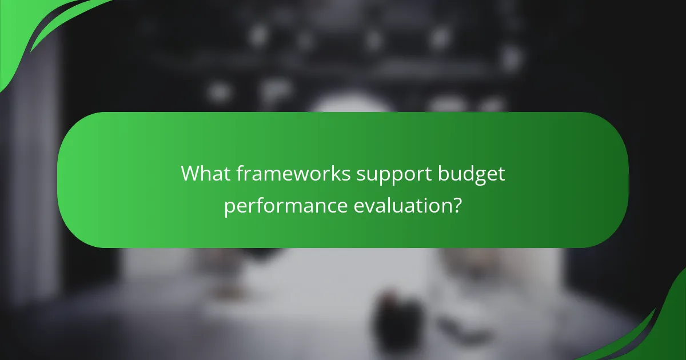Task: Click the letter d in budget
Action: coord(470,174)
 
